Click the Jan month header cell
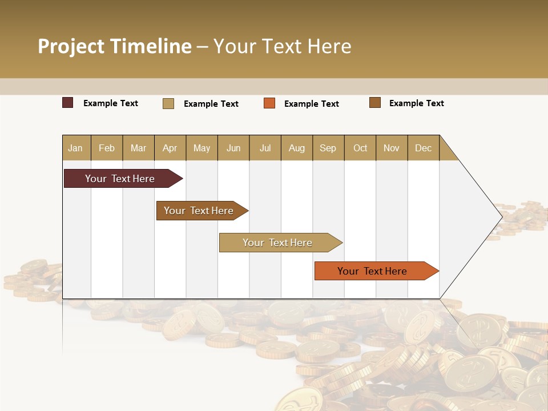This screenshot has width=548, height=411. [x=76, y=148]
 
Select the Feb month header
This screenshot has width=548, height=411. [x=107, y=148]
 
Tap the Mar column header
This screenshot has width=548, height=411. [x=138, y=148]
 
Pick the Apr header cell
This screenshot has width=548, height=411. [x=170, y=148]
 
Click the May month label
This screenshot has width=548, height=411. [x=202, y=148]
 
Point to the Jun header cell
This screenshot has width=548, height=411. [x=233, y=148]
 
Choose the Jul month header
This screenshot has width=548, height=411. [x=265, y=148]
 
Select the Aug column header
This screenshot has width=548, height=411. [x=297, y=148]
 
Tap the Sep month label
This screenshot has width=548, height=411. [x=328, y=148]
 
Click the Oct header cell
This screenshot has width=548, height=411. [x=360, y=148]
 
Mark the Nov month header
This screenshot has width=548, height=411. [x=392, y=148]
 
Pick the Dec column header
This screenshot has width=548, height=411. [x=423, y=148]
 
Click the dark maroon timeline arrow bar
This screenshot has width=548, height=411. [x=120, y=179]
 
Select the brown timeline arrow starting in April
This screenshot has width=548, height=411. [x=199, y=211]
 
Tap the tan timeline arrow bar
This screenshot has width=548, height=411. [x=277, y=243]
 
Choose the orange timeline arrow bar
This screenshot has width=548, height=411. [x=372, y=271]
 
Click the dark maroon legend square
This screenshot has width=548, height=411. [x=68, y=103]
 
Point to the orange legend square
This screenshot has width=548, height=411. [x=269, y=103]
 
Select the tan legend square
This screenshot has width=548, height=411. [x=168, y=103]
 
